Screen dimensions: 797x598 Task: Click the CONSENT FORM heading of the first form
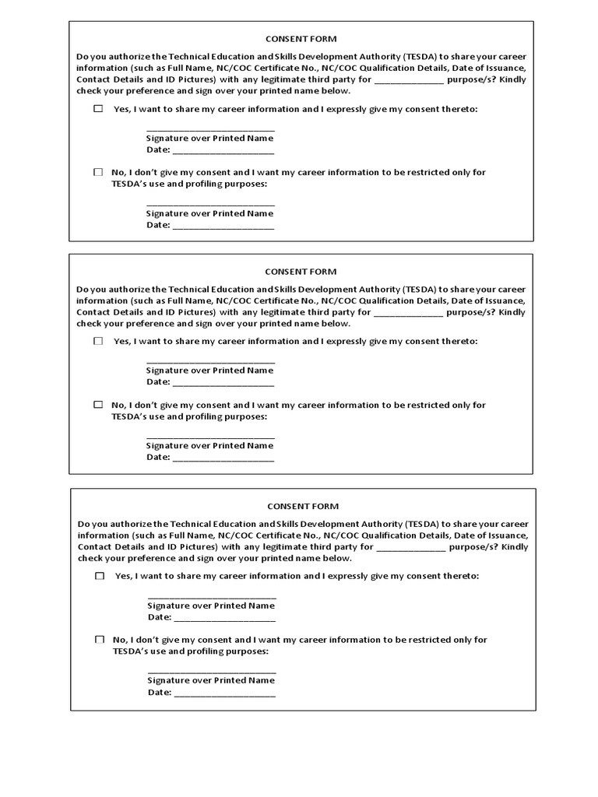(x=301, y=39)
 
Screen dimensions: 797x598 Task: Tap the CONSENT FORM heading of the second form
(x=301, y=272)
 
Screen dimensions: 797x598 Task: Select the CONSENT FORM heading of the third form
(x=303, y=506)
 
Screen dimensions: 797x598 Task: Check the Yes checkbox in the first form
(x=98, y=109)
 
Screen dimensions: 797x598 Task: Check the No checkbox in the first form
(x=98, y=172)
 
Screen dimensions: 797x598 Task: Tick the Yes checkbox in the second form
(x=98, y=341)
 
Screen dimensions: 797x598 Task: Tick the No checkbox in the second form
(x=98, y=405)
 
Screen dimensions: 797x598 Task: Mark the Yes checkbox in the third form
(x=100, y=576)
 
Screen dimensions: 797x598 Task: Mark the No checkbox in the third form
(x=100, y=639)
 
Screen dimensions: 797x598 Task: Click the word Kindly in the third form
(x=514, y=547)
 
